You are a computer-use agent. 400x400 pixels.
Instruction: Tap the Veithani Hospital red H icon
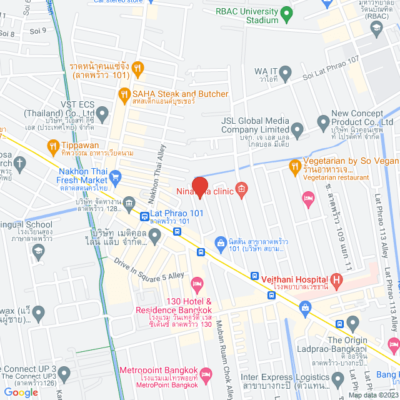click(337, 279)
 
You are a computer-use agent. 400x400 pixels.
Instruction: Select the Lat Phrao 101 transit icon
click(144, 217)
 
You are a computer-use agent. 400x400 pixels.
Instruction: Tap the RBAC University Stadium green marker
click(286, 12)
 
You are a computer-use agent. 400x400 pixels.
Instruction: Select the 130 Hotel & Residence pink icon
click(197, 285)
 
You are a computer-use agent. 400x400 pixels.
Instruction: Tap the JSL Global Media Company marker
click(297, 131)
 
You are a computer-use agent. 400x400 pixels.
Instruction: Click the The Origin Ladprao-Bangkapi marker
click(352, 324)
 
